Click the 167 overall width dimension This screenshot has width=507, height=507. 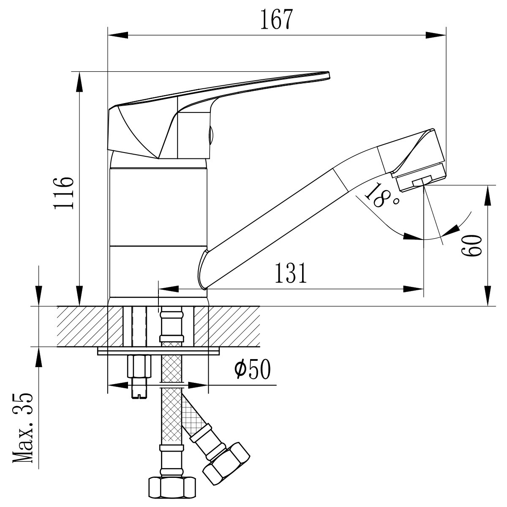(276, 19)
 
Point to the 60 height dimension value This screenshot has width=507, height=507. (472, 245)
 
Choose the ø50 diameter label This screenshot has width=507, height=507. (252, 370)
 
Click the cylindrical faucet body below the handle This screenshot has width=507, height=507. (158, 207)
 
